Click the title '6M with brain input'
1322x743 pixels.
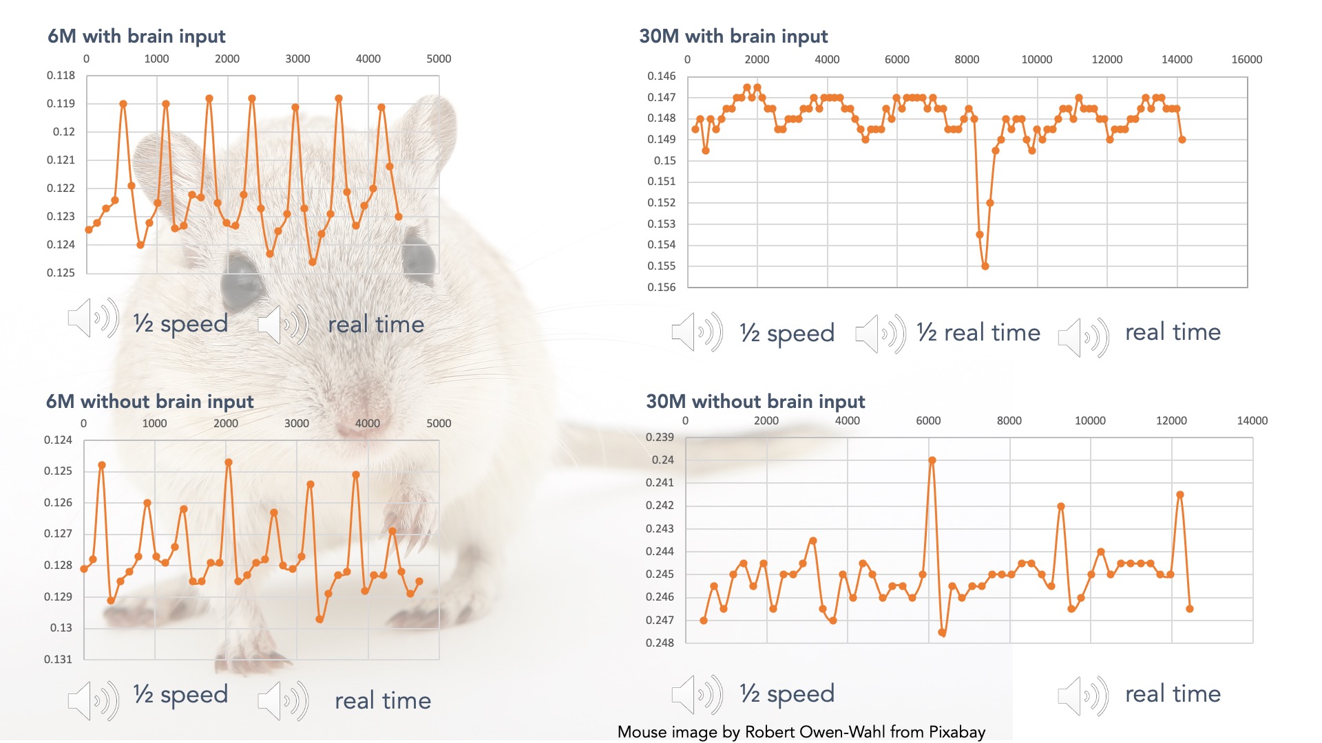(x=136, y=36)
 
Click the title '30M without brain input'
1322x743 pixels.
(x=755, y=401)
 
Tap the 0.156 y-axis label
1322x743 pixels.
(x=661, y=287)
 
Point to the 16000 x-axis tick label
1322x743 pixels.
(x=1246, y=59)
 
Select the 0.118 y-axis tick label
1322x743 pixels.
(x=61, y=75)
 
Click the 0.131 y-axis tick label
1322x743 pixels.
(x=58, y=659)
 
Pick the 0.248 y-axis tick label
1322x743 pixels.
(x=660, y=643)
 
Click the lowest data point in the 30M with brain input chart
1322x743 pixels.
(x=985, y=266)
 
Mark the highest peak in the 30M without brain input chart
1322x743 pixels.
(x=932, y=460)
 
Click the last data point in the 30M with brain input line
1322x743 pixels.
(x=1182, y=140)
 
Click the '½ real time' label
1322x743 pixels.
(x=978, y=333)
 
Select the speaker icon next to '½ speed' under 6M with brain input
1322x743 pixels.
(x=93, y=319)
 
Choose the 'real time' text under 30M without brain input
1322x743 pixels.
(x=1173, y=693)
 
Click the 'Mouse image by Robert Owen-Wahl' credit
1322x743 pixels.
(x=801, y=732)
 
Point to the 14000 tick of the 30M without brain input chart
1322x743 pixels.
(x=1252, y=420)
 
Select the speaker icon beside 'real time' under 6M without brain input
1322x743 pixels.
(x=283, y=701)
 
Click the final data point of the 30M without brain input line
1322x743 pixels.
(x=1189, y=609)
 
